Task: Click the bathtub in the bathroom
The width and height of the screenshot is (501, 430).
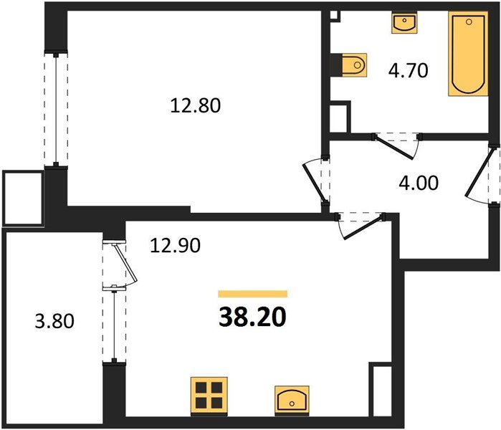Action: click(x=468, y=54)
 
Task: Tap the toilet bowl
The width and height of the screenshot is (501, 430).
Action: click(x=354, y=65)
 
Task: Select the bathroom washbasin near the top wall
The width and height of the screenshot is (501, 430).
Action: click(x=404, y=24)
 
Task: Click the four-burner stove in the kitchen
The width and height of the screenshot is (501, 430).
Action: click(x=209, y=396)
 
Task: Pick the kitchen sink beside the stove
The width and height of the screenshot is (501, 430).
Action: click(x=292, y=401)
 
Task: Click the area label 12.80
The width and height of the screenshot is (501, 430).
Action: click(x=195, y=106)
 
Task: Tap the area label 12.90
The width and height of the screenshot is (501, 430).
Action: click(x=175, y=246)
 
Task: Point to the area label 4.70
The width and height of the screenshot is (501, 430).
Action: click(x=408, y=71)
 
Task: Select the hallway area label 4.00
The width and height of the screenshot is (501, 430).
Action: click(x=419, y=183)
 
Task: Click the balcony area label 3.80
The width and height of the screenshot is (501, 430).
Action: click(x=54, y=321)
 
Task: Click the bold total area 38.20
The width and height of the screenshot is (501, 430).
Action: click(x=252, y=317)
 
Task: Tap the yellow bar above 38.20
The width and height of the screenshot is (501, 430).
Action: click(x=253, y=294)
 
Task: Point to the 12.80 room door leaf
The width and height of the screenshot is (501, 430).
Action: click(x=315, y=183)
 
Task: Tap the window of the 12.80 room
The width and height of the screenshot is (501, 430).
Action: click(x=56, y=110)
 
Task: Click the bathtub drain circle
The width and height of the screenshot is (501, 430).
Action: click(x=469, y=21)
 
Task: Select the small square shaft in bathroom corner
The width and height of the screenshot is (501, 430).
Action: click(x=335, y=15)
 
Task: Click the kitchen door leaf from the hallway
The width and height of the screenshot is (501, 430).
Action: click(x=363, y=227)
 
